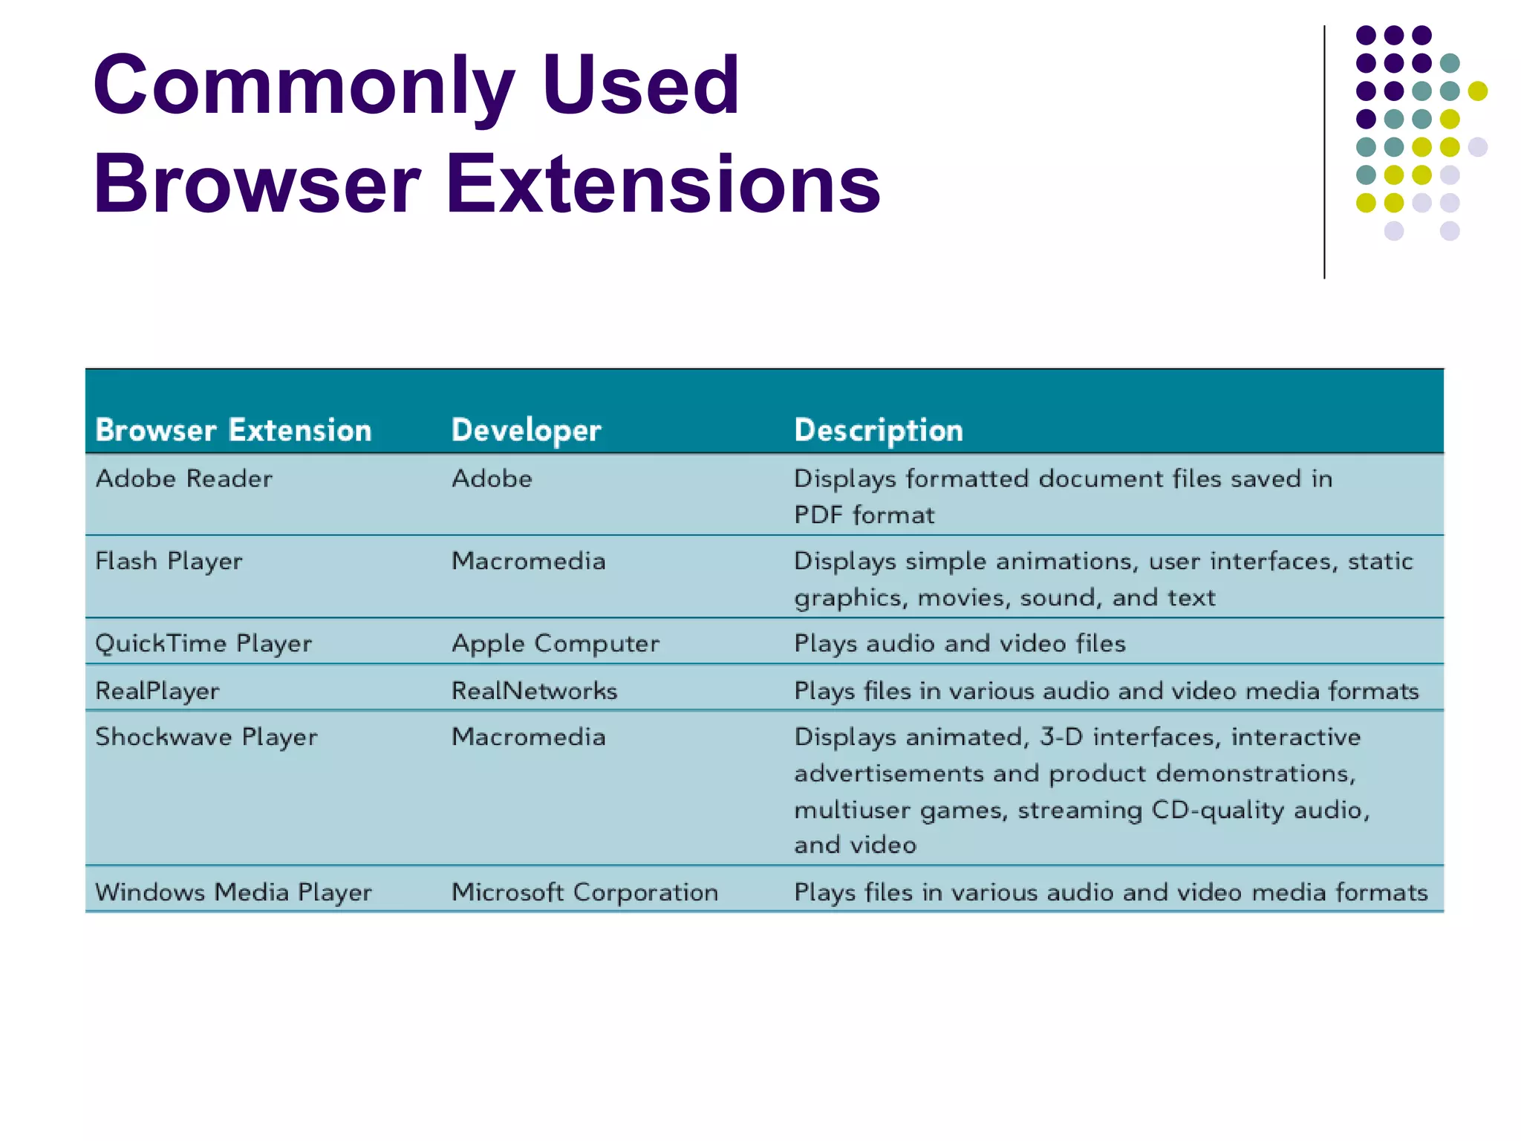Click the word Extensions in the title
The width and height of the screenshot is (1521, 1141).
point(662,184)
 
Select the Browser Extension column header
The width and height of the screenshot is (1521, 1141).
point(233,430)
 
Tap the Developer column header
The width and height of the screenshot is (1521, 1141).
point(526,430)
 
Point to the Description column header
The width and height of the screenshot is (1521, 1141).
point(878,430)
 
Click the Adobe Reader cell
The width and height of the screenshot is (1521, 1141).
point(184,479)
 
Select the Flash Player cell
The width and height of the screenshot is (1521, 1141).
point(169,562)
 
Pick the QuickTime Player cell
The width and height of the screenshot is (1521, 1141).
point(203,644)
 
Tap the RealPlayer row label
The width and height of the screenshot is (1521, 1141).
point(157,692)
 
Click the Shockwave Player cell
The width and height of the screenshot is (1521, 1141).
point(206,738)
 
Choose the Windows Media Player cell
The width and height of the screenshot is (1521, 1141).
point(233,892)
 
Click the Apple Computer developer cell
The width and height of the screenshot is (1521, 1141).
point(555,644)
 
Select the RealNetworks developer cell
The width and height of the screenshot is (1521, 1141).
point(534,692)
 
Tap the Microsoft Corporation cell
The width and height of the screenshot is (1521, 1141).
point(584,892)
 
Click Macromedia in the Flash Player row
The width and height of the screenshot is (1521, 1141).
point(528,562)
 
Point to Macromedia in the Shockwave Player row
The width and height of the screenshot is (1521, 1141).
point(528,738)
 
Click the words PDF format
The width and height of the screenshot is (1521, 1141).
point(864,516)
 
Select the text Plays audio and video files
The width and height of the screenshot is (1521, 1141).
point(960,644)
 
